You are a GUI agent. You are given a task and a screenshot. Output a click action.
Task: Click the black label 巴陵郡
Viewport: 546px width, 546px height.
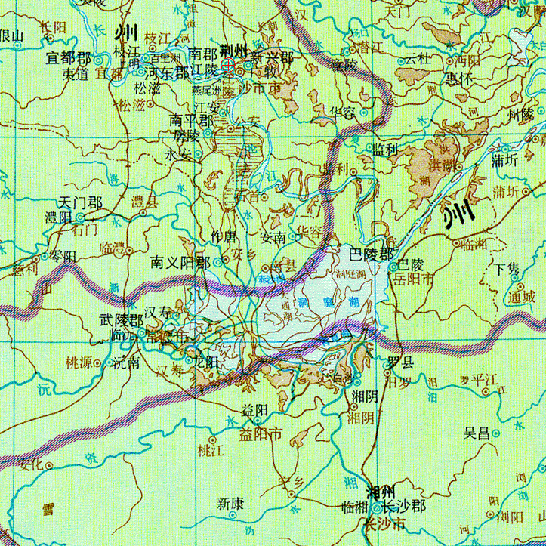point(371,253)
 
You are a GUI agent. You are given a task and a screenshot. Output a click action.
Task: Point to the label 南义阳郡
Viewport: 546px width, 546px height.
point(180,262)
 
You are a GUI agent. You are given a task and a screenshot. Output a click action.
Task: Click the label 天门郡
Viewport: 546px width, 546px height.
point(80,202)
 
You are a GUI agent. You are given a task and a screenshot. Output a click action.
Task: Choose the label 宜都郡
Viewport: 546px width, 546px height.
point(68,58)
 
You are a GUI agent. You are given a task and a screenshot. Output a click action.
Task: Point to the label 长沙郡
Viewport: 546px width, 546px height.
point(401,505)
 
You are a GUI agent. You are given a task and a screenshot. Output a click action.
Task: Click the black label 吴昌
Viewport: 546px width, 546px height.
point(477,433)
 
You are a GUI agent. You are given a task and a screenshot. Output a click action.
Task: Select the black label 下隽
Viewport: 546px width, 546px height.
point(506,269)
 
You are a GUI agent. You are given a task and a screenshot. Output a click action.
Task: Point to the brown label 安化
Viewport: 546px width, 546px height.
point(31,464)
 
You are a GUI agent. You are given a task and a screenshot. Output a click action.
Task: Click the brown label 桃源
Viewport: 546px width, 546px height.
point(79,362)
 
